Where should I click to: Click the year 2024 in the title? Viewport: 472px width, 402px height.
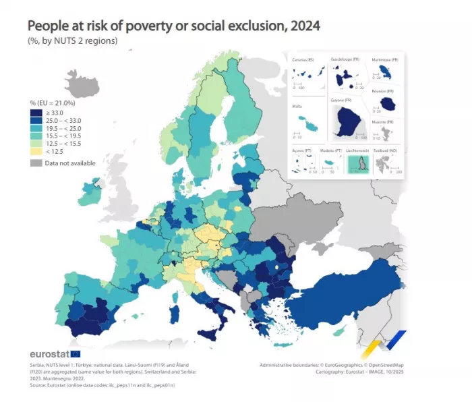[x=302, y=27]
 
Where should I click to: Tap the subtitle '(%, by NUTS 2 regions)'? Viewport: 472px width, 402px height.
[x=72, y=42]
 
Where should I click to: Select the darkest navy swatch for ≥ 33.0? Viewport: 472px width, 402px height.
[x=35, y=112]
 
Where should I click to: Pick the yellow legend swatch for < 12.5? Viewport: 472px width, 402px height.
[x=35, y=152]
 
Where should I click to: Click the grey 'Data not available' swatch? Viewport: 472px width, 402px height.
[x=35, y=163]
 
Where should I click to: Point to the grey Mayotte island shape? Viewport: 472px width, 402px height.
[x=386, y=134]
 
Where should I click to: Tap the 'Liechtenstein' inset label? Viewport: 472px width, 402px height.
[x=357, y=150]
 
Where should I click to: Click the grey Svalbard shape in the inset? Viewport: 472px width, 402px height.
[x=388, y=163]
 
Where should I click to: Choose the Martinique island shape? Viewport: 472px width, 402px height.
[x=388, y=71]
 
